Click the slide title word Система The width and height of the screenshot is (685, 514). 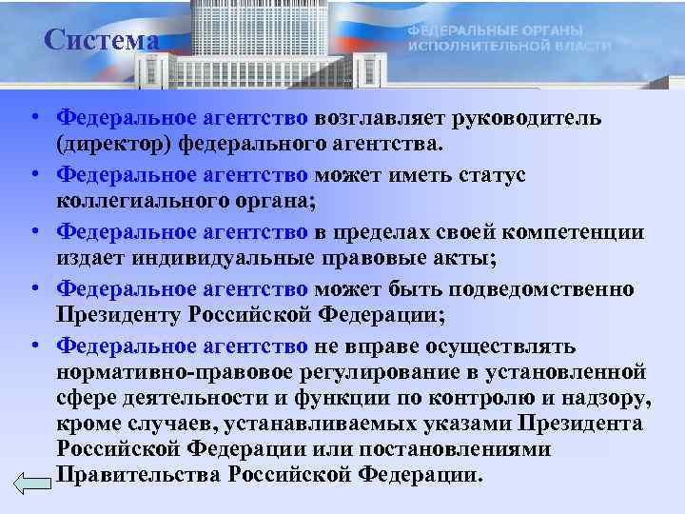tap(101, 40)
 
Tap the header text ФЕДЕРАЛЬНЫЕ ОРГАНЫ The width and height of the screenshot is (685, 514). tap(495, 31)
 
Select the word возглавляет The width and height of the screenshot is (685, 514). tap(391, 118)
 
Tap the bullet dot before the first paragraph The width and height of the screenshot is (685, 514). tap(33, 119)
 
